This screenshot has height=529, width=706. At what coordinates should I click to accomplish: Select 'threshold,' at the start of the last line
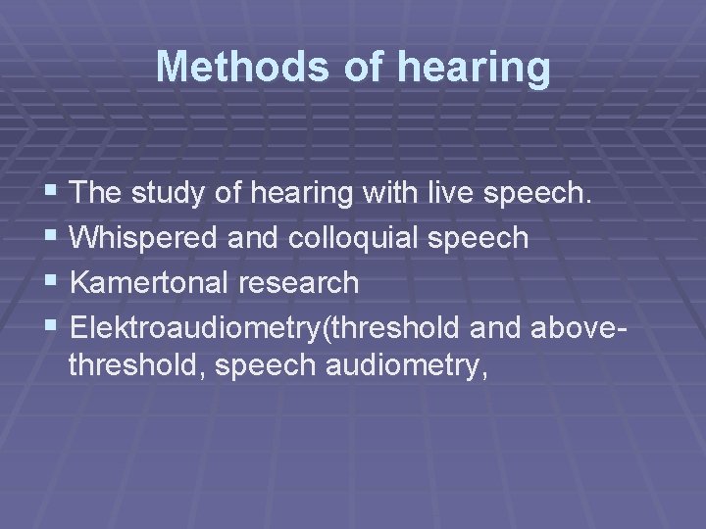(x=134, y=367)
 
